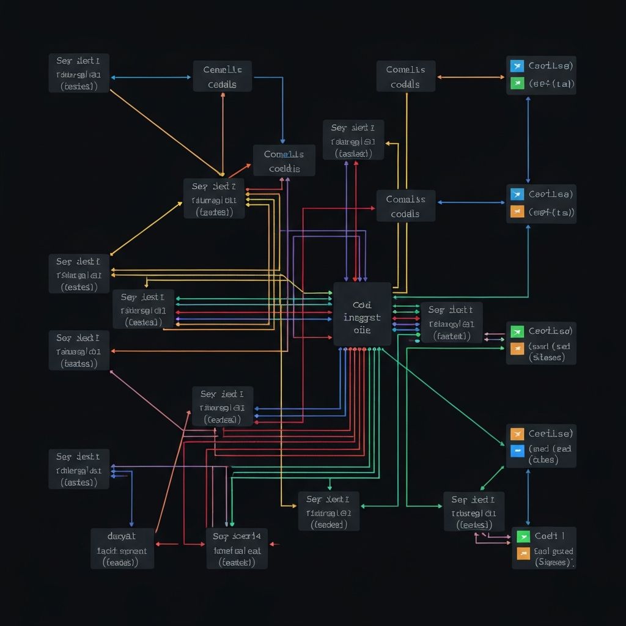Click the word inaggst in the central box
pos(362,317)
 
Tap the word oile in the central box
pos(362,330)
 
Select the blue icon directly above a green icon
pos(517,65)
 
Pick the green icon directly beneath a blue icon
pos(517,84)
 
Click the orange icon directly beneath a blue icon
pos(517,212)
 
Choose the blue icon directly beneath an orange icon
pos(517,451)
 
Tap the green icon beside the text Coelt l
pos(523,536)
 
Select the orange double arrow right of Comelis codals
pos(471,77)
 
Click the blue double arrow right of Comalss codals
pos(471,202)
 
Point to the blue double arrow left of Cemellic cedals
pos(151,77)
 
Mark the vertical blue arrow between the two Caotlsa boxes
pos(528,139)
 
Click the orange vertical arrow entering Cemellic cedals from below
pos(223,134)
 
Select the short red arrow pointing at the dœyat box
pos(166,543)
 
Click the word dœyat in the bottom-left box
pos(122,536)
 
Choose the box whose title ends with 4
pos(237,548)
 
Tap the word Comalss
pos(405,199)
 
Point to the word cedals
pos(222,84)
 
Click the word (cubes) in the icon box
pos(543,460)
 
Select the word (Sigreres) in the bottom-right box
pos(554,561)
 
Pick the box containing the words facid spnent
pos(122,548)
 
